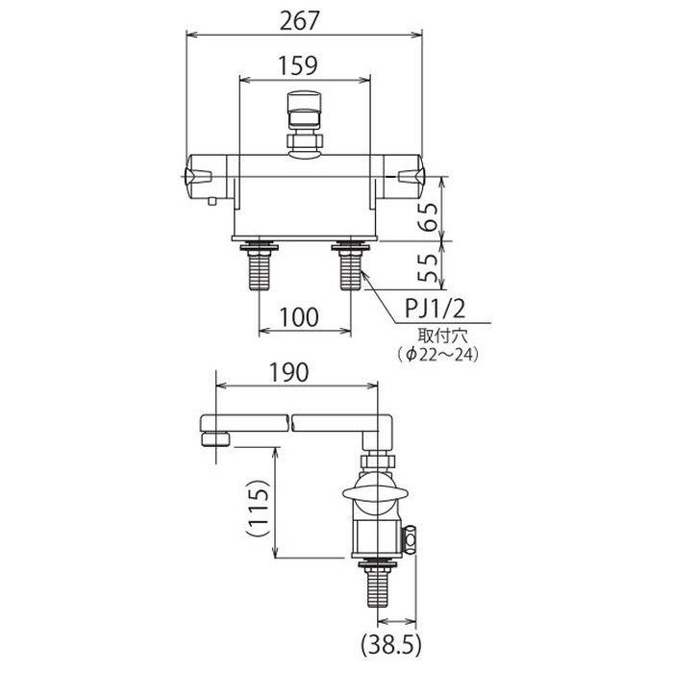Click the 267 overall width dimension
point(300,20)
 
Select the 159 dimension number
point(298,65)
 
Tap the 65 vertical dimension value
point(428,216)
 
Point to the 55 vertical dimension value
point(428,267)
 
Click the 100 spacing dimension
point(299,317)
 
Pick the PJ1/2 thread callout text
point(435,309)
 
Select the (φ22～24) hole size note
point(437,355)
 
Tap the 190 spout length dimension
point(288,373)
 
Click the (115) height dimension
point(259,507)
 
